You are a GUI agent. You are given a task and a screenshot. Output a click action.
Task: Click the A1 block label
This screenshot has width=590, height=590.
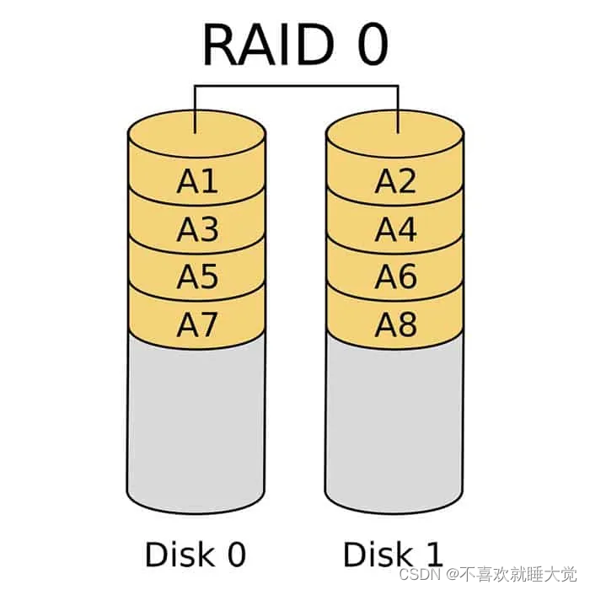click(197, 182)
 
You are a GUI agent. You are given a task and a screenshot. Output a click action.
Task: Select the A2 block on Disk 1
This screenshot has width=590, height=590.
click(396, 182)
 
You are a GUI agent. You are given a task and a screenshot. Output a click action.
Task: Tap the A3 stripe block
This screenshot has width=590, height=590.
click(197, 229)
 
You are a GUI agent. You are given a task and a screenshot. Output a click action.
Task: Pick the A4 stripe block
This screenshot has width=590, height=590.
click(396, 229)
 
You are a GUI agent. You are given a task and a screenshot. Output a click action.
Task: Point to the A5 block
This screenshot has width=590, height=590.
click(197, 276)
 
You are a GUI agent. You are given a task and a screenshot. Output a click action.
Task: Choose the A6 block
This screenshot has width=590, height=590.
click(396, 276)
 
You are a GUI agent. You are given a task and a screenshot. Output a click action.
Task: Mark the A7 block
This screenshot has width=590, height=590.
click(197, 324)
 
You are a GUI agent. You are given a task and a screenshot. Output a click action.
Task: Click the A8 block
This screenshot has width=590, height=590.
click(396, 324)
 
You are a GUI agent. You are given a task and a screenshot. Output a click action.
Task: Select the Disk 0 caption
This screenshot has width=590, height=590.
click(196, 555)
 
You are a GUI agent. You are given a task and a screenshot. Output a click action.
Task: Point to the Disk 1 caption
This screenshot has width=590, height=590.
click(393, 555)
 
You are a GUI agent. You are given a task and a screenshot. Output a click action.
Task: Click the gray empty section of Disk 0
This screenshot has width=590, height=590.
click(197, 421)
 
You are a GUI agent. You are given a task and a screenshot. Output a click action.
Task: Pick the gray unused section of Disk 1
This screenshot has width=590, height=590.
click(396, 421)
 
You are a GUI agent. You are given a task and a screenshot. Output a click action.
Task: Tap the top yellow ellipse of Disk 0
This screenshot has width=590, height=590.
click(197, 135)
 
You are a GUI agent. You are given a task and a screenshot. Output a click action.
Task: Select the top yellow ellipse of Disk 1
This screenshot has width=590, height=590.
click(396, 135)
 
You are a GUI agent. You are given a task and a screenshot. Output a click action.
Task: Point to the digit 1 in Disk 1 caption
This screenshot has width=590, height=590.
click(431, 555)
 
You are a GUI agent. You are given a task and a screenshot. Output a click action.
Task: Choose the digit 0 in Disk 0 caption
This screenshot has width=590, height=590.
click(233, 555)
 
